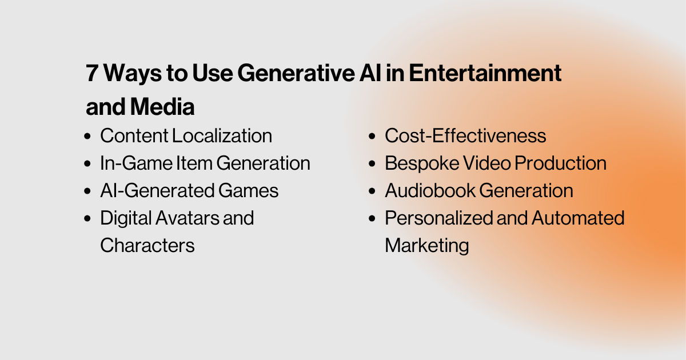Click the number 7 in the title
(92, 74)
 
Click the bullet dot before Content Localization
(87, 137)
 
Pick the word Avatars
(187, 218)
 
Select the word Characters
(147, 245)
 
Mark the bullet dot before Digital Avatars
(87, 219)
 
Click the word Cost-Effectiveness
(465, 136)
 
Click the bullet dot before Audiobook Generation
(372, 191)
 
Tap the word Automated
(579, 218)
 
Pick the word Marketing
(427, 245)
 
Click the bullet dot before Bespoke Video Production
(372, 164)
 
